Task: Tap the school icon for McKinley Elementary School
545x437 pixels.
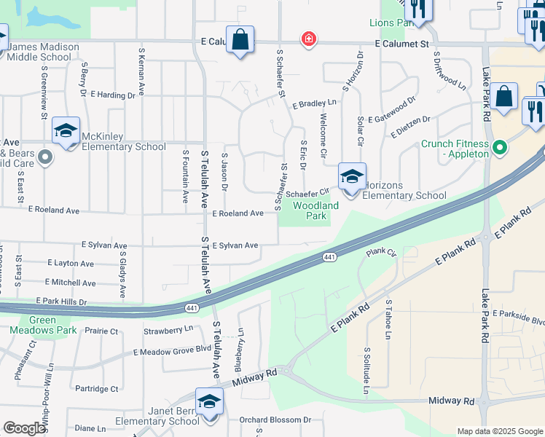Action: pyautogui.click(x=66, y=131)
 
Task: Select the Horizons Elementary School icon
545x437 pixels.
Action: pyautogui.click(x=351, y=177)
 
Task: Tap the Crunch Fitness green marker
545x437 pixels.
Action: pyautogui.click(x=500, y=149)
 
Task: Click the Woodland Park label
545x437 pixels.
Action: pyautogui.click(x=315, y=211)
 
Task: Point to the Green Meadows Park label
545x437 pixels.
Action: pyautogui.click(x=52, y=325)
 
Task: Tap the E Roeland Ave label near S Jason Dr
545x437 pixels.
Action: pyautogui.click(x=238, y=213)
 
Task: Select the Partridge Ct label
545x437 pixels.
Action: pyautogui.click(x=96, y=389)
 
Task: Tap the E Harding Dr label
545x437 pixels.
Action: pyautogui.click(x=113, y=95)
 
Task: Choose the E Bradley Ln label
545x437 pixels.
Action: pyautogui.click(x=315, y=104)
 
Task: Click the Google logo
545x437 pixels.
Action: pyautogui.click(x=24, y=428)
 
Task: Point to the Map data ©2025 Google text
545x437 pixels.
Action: pyautogui.click(x=499, y=431)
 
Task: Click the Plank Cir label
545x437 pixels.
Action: pyautogui.click(x=380, y=252)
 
